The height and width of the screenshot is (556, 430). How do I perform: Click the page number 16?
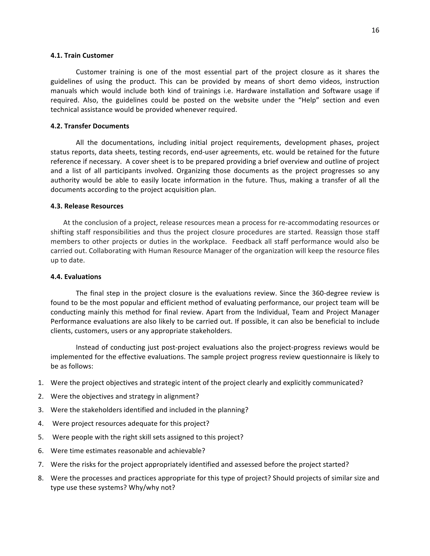pos(375,30)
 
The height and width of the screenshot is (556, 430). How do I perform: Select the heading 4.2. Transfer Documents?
pos(90,126)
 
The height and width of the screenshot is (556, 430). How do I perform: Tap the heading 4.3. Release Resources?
pos(87,206)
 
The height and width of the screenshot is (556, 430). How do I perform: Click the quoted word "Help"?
pos(308,100)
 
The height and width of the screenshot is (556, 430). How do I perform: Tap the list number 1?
pos(41,383)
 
